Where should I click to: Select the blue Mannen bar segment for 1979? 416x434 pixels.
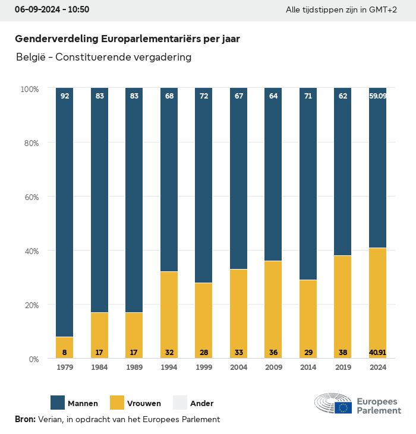(x=64, y=214)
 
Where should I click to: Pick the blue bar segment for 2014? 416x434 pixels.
(x=308, y=184)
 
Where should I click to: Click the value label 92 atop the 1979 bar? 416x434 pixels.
(x=64, y=96)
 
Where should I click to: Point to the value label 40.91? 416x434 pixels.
(x=377, y=352)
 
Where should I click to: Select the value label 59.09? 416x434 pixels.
(x=377, y=96)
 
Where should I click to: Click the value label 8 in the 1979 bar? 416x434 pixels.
(x=64, y=352)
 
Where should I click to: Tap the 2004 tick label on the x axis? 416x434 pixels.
(x=238, y=368)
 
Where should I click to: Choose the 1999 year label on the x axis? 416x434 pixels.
(x=203, y=368)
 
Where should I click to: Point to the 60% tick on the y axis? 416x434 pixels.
(x=30, y=197)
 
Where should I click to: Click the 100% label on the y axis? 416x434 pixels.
(x=29, y=88)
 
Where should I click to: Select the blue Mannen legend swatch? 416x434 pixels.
(x=58, y=403)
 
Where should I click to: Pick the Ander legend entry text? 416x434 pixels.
(x=201, y=403)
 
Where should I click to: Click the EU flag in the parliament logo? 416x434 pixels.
(x=343, y=407)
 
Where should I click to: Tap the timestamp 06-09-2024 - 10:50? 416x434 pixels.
(x=52, y=10)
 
